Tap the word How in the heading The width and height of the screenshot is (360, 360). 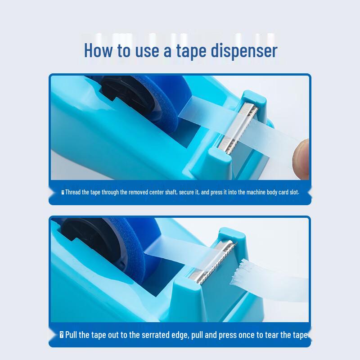click(x=99, y=50)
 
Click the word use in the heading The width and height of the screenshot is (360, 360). click(x=146, y=50)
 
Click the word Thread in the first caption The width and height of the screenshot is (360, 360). click(x=72, y=192)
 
